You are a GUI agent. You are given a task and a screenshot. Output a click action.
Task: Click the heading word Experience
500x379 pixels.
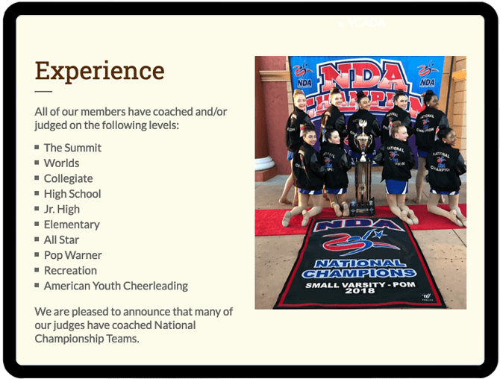point(99,71)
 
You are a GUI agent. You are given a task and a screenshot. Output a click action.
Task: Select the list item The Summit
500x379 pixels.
point(72,148)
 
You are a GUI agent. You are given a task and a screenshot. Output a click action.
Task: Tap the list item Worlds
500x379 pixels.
point(61,163)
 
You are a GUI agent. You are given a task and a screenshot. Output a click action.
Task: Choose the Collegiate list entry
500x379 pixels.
point(68,178)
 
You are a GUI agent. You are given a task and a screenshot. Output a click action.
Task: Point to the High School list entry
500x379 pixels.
point(72,194)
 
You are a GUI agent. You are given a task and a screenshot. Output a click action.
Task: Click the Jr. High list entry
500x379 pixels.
point(61,209)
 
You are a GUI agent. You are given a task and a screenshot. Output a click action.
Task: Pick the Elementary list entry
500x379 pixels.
point(72,225)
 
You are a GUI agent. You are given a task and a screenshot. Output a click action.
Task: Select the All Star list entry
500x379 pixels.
point(61,239)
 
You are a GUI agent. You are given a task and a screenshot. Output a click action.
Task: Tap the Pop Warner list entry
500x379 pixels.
point(72,255)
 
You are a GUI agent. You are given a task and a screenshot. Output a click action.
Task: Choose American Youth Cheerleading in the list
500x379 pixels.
point(116,286)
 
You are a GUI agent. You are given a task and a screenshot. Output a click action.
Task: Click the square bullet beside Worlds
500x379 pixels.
point(37,163)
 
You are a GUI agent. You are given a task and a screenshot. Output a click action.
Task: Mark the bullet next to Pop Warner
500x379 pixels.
point(37,254)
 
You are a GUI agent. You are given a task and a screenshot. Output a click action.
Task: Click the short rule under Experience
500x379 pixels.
point(43,92)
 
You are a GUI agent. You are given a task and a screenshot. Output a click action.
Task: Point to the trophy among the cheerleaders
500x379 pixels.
point(362,168)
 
